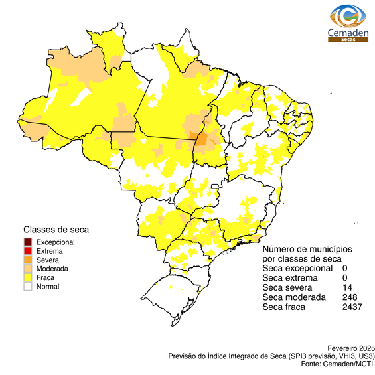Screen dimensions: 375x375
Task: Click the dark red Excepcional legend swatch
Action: click(x=28, y=242)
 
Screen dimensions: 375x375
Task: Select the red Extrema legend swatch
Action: click(x=28, y=251)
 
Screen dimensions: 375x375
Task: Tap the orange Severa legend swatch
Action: click(x=28, y=260)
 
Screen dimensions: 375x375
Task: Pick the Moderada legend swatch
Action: click(x=28, y=269)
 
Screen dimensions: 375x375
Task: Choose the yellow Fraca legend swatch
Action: click(x=28, y=278)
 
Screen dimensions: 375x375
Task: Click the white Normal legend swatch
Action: click(x=28, y=287)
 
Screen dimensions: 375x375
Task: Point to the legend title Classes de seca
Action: click(x=56, y=229)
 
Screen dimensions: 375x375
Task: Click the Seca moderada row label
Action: click(x=294, y=297)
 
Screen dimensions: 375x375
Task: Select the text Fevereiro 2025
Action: click(x=351, y=348)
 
